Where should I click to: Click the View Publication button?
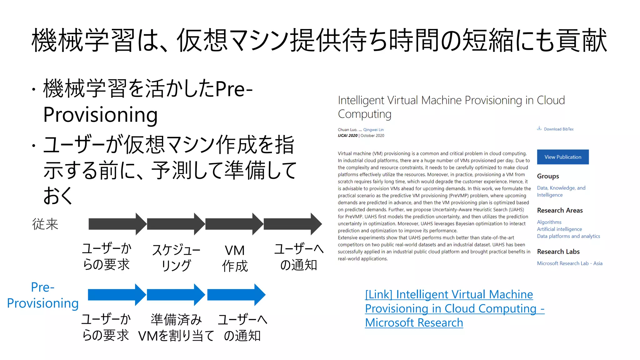tap(562, 157)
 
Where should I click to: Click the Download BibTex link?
tap(558, 129)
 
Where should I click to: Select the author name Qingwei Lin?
tap(373, 130)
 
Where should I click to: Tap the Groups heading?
tap(548, 176)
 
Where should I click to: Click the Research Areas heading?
tap(560, 210)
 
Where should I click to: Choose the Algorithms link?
tap(549, 222)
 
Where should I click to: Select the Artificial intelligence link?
tap(559, 229)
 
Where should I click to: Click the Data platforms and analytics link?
tap(568, 236)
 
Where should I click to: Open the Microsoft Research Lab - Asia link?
tap(569, 263)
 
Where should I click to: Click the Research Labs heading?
tap(558, 252)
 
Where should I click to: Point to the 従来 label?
tap(45, 224)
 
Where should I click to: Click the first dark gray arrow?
tap(117, 224)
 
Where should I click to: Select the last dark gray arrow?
tap(292, 224)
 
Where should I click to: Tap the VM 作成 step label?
tap(235, 258)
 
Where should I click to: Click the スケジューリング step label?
tap(176, 258)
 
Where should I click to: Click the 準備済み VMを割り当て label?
tap(176, 327)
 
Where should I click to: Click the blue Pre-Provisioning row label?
tap(43, 295)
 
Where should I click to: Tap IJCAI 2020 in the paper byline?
tap(347, 136)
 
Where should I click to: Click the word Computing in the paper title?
tap(364, 114)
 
